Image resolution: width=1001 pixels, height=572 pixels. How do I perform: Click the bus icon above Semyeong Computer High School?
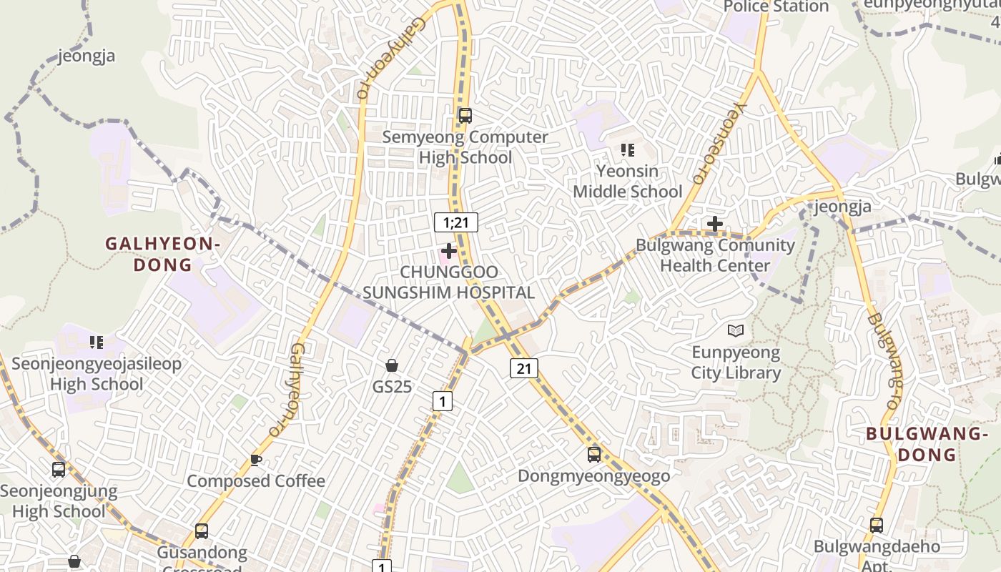465,115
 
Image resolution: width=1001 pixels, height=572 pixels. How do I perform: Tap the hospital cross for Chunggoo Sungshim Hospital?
449,251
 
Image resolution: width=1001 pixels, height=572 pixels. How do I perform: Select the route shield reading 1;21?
455,222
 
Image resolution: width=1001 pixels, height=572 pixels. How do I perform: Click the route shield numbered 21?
524,368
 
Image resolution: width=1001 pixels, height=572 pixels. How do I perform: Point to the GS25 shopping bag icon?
392,365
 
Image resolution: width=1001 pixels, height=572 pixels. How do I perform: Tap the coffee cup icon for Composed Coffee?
256,460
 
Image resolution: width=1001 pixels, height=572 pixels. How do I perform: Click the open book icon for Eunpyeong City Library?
736,330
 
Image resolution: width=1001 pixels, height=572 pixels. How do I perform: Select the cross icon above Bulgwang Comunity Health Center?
714,224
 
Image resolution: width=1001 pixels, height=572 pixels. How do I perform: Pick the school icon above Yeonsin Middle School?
628,149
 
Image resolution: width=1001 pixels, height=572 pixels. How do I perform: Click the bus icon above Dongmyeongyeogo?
593,454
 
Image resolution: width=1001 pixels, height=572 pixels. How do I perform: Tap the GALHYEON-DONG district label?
162,254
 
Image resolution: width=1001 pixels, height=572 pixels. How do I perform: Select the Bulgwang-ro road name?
884,360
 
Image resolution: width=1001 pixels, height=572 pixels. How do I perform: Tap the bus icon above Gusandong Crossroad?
202,531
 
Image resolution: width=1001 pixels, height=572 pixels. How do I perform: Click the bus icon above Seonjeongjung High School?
59,470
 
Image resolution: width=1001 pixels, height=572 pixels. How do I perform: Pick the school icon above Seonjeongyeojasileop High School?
97,342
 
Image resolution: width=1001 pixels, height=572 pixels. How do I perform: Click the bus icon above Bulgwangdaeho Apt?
877,526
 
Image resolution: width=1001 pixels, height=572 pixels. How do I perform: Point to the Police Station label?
776,7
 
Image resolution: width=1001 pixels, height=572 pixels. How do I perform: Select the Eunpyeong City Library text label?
736,363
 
